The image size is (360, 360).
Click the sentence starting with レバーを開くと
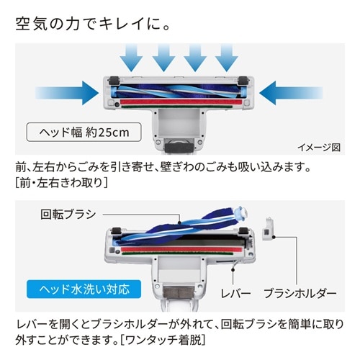pos(180,323)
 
